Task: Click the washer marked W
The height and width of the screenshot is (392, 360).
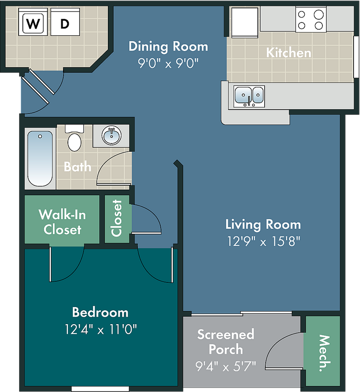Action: (x=33, y=22)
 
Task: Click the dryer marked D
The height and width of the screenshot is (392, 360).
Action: (x=65, y=22)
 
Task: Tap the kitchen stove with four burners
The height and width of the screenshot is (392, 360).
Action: (x=311, y=20)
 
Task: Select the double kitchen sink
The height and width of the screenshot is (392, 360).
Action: (x=249, y=97)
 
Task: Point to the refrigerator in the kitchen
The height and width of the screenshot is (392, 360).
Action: (x=245, y=22)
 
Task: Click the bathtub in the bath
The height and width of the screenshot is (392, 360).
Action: (x=40, y=158)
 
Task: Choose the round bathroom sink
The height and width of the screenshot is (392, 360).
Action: (x=111, y=135)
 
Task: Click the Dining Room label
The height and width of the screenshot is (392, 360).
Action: (x=168, y=46)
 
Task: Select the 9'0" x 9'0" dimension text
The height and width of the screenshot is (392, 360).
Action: (x=168, y=63)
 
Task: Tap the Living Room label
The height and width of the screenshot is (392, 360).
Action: (x=263, y=224)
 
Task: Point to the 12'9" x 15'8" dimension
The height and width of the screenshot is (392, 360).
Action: (x=263, y=241)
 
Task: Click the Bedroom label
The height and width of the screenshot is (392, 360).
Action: (x=100, y=312)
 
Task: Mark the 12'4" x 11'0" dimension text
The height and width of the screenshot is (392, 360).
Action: (x=101, y=329)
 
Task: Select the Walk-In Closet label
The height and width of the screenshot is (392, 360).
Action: (x=62, y=222)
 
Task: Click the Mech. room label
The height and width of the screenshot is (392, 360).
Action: (x=324, y=353)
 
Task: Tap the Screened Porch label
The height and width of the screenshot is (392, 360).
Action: (x=226, y=342)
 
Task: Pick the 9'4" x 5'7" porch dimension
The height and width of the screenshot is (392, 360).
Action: (x=226, y=366)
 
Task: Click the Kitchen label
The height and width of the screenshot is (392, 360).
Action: (x=289, y=53)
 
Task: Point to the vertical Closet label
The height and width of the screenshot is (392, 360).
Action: (x=117, y=218)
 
